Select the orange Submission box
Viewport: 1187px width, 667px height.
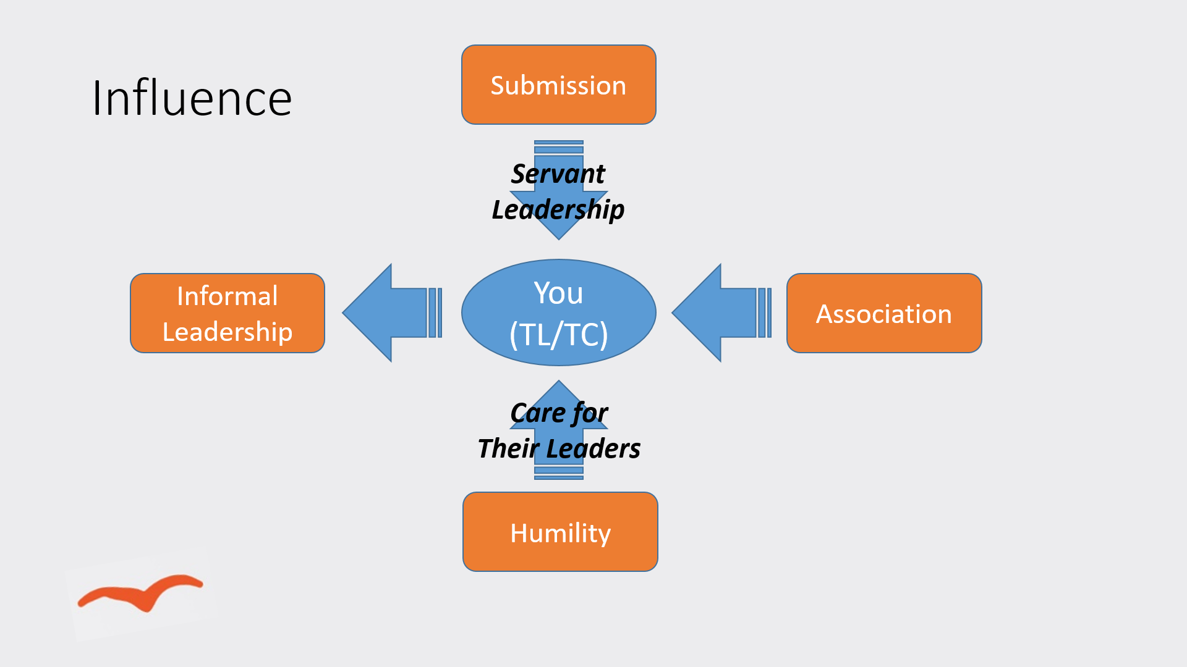pos(558,85)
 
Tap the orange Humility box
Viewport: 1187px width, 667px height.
pos(560,532)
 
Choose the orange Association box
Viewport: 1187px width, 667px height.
pos(883,313)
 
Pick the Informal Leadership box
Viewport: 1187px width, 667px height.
pos(228,313)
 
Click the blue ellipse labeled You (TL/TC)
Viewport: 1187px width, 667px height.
pos(558,313)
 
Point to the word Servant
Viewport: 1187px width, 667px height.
pos(558,174)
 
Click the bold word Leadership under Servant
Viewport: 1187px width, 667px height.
pos(558,209)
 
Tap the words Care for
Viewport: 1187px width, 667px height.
pos(559,413)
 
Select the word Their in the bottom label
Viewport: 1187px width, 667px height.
pos(509,448)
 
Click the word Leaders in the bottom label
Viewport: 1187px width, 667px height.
pos(593,448)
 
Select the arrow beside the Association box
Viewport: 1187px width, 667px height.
pos(720,313)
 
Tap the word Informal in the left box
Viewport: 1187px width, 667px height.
pos(227,296)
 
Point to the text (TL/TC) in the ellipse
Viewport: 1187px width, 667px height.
pos(558,335)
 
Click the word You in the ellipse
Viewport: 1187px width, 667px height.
pos(558,293)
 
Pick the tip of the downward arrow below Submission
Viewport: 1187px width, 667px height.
pos(558,237)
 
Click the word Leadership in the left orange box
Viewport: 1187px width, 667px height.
pos(227,332)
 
